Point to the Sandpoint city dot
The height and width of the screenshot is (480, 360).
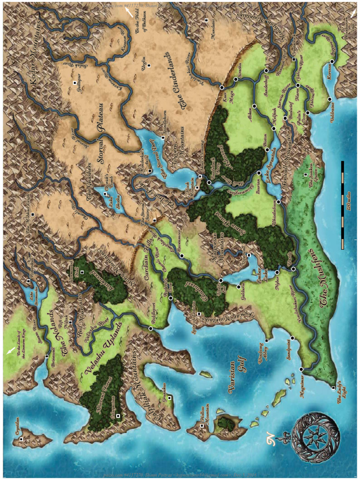[x=292, y=338]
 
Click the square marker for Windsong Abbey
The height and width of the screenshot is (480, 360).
[x=267, y=340]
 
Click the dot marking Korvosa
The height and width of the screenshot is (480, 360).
[x=332, y=61]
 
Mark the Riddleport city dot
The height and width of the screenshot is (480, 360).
[x=150, y=329]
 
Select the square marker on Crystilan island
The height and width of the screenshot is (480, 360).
[x=21, y=439]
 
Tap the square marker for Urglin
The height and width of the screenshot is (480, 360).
[x=149, y=65]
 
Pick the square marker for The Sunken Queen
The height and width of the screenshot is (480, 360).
[x=305, y=175]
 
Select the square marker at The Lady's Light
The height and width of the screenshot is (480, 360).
[x=333, y=388]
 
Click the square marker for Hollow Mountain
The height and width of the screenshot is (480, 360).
[x=202, y=426]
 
